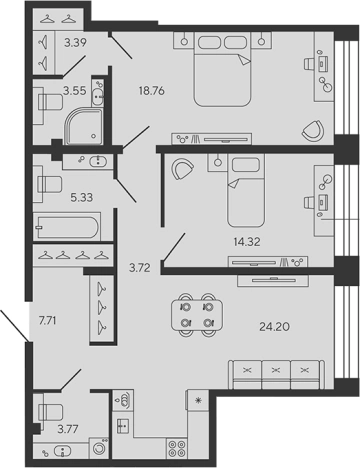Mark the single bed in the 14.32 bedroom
coord(246,195)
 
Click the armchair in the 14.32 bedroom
coord(182,169)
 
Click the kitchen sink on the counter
coord(127,400)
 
